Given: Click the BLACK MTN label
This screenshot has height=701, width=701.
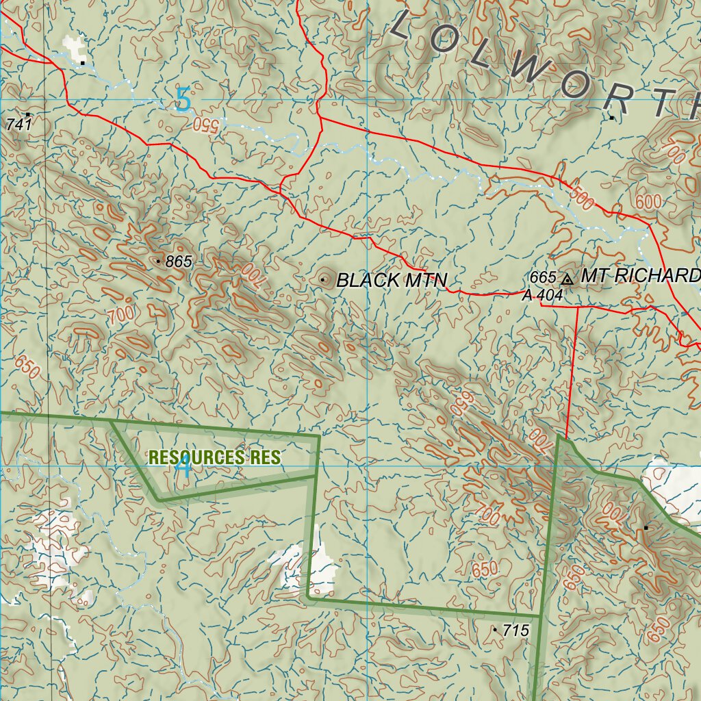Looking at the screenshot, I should pyautogui.click(x=392, y=280).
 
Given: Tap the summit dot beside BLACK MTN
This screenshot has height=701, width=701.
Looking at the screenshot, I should pyautogui.click(x=322, y=279).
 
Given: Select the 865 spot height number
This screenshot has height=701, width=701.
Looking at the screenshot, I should pyautogui.click(x=179, y=262).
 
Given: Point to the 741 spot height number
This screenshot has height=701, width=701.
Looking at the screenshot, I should pyautogui.click(x=19, y=125).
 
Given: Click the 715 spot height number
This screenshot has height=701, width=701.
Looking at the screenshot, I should pyautogui.click(x=516, y=630).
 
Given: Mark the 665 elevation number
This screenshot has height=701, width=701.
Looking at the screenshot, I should pyautogui.click(x=543, y=277).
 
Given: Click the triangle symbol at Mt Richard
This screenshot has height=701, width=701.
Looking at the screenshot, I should pyautogui.click(x=567, y=279).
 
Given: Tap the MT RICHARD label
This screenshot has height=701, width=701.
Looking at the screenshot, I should pyautogui.click(x=640, y=276).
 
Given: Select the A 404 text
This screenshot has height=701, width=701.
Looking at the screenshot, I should pyautogui.click(x=542, y=296).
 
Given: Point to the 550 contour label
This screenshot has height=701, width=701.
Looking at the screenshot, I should pyautogui.click(x=205, y=124).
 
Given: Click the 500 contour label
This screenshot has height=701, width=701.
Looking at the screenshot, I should pyautogui.click(x=581, y=199).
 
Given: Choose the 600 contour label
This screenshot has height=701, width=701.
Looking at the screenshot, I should pyautogui.click(x=648, y=202).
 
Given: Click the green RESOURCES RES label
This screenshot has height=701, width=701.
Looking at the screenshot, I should pyautogui.click(x=214, y=457).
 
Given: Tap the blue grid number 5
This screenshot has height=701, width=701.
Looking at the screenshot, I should pyautogui.click(x=183, y=101).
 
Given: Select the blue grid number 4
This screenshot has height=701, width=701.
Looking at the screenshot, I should pyautogui.click(x=183, y=468).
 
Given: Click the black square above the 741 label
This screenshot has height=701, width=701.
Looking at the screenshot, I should pyautogui.click(x=28, y=114).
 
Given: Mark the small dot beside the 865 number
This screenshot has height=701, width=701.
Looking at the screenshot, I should pyautogui.click(x=158, y=262).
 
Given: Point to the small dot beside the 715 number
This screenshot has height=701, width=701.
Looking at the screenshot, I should pyautogui.click(x=495, y=628).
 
